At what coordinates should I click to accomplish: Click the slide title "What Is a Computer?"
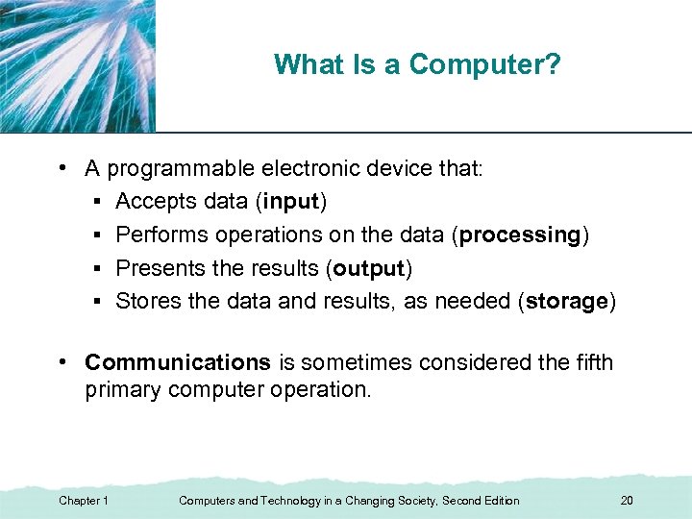tap(417, 64)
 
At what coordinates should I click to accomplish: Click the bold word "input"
tap(294, 202)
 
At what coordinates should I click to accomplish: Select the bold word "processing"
tap(521, 235)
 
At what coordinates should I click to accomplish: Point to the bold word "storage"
tap(566, 301)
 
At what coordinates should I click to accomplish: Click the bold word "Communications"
tap(178, 362)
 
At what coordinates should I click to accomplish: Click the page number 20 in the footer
tap(627, 501)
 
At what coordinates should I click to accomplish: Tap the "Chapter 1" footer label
tap(84, 501)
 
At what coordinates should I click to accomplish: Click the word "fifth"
tap(594, 362)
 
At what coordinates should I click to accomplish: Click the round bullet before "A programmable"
tap(62, 168)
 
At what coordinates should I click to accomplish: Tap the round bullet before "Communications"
tap(62, 361)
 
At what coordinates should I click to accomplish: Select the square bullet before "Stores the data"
tap(99, 302)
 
